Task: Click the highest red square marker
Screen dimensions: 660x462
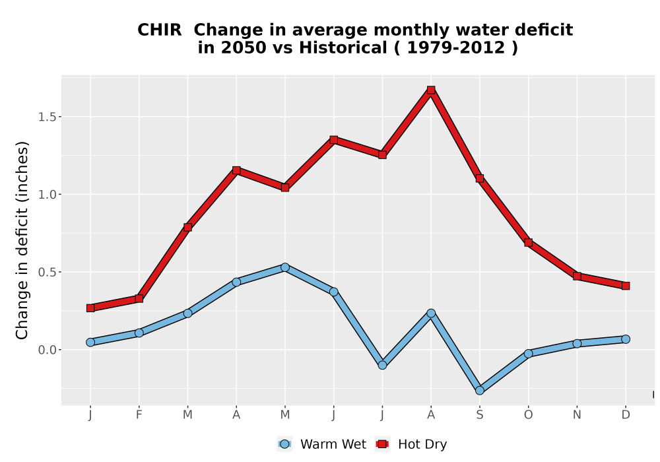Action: [430, 90]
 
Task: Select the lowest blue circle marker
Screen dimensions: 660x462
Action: [479, 391]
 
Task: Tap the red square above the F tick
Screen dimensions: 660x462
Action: [139, 299]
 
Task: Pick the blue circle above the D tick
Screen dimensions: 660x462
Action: [626, 339]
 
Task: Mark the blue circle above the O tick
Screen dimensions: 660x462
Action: [528, 354]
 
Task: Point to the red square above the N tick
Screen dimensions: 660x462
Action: [577, 276]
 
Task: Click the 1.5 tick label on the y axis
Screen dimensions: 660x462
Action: [47, 117]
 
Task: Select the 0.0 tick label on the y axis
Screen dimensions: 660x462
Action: [47, 350]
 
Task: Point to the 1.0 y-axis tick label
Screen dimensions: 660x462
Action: [47, 195]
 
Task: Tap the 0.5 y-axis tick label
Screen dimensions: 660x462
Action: [47, 272]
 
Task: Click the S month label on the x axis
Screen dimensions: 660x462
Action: [479, 415]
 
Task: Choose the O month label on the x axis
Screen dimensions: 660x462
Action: [528, 415]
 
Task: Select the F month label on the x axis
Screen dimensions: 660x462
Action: [139, 415]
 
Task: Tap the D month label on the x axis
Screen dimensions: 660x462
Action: [626, 415]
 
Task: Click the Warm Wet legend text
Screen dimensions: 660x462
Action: [333, 444]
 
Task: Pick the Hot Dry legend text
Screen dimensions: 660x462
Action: [422, 444]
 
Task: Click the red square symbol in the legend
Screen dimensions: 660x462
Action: [382, 444]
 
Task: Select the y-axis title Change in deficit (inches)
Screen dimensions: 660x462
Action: [22, 240]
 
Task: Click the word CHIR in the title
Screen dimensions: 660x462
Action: [160, 30]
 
